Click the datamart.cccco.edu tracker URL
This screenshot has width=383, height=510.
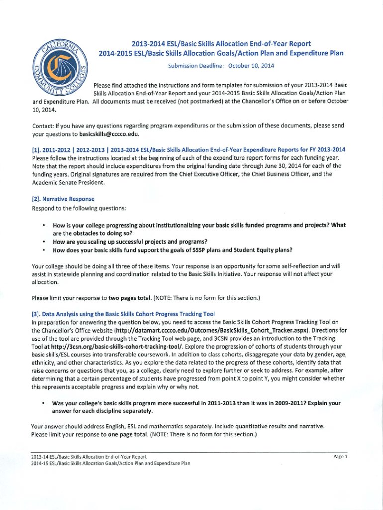[x=217, y=330]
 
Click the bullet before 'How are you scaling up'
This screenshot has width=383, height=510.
[x=44, y=242]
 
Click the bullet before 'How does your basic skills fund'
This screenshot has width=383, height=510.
[x=44, y=250]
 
